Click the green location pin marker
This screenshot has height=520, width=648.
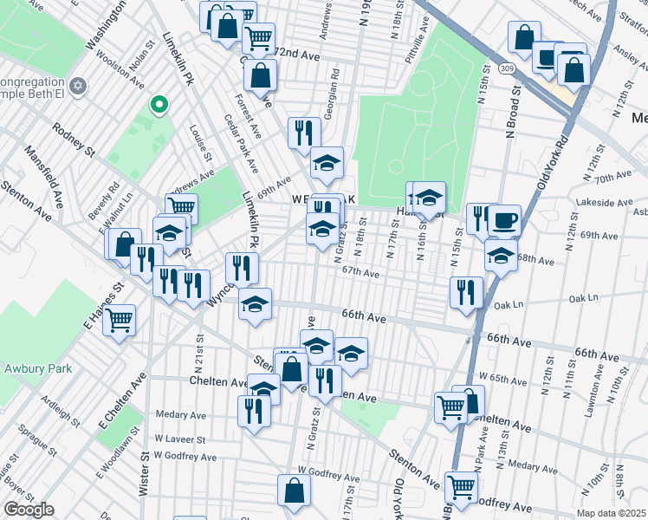(159, 105)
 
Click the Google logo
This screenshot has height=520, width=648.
(29, 510)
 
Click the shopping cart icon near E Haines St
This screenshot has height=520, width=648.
(119, 319)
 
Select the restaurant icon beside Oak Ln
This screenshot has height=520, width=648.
(466, 291)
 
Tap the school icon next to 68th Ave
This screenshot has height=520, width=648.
(500, 254)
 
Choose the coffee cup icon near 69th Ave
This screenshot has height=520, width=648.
(504, 219)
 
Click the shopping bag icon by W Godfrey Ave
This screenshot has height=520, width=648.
(295, 490)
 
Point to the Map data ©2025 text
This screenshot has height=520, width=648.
(611, 513)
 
